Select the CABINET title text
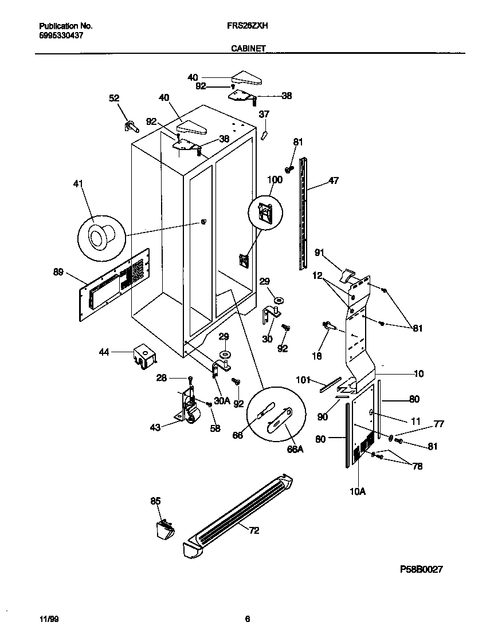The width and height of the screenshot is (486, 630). [x=248, y=49]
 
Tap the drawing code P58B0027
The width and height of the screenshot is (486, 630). [x=421, y=569]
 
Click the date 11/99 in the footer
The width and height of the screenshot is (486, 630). [x=49, y=619]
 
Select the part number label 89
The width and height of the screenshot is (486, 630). [x=58, y=273]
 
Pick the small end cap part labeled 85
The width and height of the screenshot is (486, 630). [x=164, y=528]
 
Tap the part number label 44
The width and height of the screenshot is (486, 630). [x=104, y=353]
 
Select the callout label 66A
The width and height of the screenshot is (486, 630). [x=295, y=450]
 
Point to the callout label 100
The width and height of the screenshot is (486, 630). [x=275, y=180]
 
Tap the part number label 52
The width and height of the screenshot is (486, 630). [x=115, y=99]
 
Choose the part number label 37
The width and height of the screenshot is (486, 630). [x=264, y=115]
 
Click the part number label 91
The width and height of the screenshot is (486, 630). [x=320, y=251]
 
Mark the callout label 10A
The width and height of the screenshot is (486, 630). [x=356, y=490]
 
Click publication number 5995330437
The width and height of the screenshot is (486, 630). [x=62, y=35]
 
